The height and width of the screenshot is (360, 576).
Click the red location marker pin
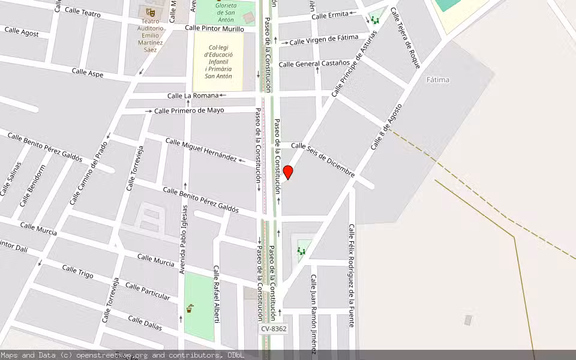[288, 172]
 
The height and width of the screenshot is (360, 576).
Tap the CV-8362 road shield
[274, 329]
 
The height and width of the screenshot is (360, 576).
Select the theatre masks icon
[150, 12]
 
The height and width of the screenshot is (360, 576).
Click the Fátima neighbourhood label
[438, 79]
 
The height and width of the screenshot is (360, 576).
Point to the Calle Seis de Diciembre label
[323, 160]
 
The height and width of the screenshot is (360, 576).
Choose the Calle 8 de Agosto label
[386, 127]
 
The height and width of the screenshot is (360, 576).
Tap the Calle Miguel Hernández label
[201, 149]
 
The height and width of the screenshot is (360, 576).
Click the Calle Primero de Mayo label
[189, 110]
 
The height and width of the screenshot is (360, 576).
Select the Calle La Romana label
[193, 95]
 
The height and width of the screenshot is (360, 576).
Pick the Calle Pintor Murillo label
[214, 28]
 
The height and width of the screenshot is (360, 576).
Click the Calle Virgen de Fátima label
[323, 41]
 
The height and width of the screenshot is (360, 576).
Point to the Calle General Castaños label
[314, 63]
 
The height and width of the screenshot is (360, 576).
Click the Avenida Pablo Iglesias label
[184, 239]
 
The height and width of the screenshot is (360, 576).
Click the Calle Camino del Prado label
[88, 173]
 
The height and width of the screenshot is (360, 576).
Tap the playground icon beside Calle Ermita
[375, 20]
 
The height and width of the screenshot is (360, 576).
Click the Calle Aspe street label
[88, 73]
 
